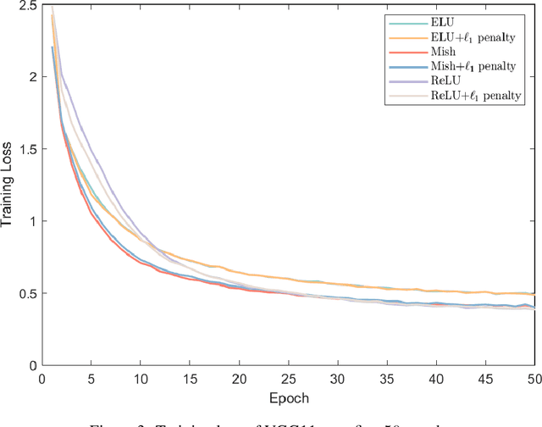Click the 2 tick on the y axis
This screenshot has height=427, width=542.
click(x=30, y=77)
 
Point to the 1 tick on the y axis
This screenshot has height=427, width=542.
click(x=30, y=221)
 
